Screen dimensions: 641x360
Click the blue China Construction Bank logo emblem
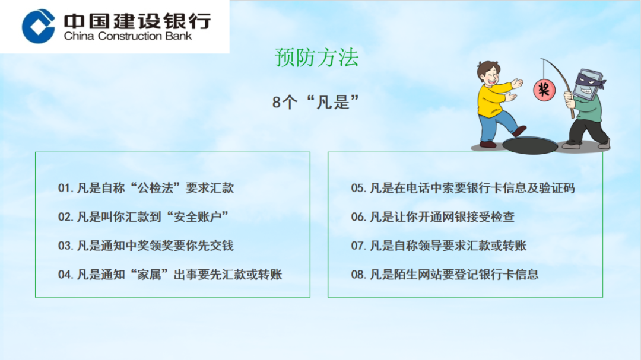tap(39, 26)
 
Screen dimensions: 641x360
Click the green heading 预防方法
tap(317, 57)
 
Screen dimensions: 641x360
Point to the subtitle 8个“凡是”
tap(316, 102)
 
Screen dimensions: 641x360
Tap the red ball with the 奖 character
tap(544, 90)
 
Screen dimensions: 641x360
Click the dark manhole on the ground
tap(530, 145)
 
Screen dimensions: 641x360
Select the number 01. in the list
tap(65, 188)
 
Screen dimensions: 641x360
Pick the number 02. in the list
tap(65, 216)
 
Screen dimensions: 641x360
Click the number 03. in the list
tap(65, 246)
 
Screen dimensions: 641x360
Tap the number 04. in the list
tap(65, 275)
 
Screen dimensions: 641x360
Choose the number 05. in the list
tap(358, 188)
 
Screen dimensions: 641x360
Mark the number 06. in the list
tap(358, 216)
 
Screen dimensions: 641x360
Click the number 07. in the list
tap(358, 246)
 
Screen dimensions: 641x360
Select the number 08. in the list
tap(358, 275)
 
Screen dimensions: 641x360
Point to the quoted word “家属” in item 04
tap(149, 274)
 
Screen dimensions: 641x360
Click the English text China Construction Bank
tap(128, 36)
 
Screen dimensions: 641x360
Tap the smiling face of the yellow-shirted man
tap(490, 75)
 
